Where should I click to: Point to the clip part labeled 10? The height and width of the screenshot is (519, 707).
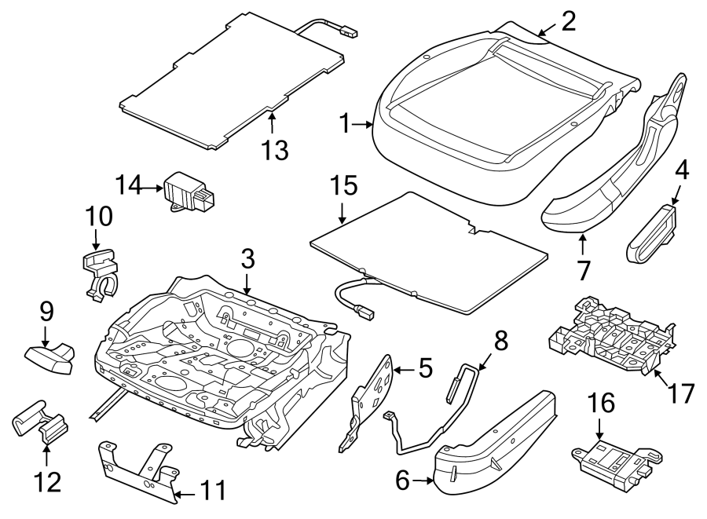tap(99, 271)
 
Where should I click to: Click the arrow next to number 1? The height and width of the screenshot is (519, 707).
tap(365, 123)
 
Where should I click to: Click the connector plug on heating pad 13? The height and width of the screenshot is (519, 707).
tap(349, 33)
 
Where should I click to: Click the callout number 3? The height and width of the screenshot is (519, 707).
tap(247, 258)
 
